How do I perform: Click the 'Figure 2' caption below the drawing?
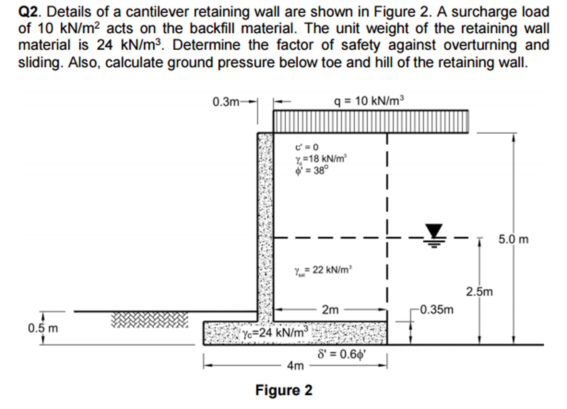tap(283, 390)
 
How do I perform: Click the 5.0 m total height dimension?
tap(513, 240)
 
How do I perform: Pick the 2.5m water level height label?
tap(479, 292)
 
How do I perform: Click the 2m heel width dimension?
tap(330, 310)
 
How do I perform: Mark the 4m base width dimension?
tap(295, 366)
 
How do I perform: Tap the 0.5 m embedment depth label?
tap(43, 328)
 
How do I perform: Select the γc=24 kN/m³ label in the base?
tap(275, 332)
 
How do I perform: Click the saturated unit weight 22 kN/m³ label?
tap(323, 270)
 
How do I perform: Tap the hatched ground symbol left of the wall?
tap(149, 320)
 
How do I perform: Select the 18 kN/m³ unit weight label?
tap(321, 159)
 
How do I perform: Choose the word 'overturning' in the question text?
tap(480, 45)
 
